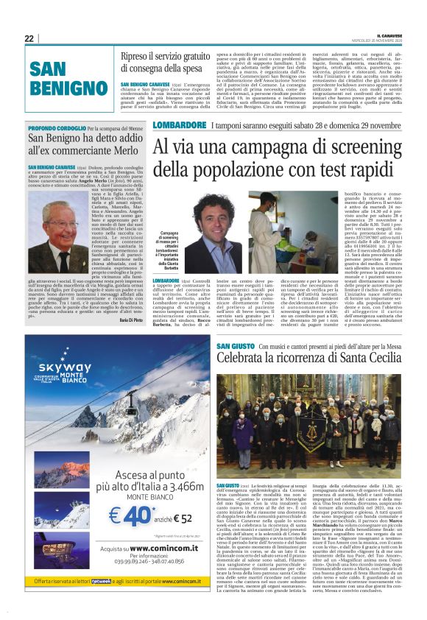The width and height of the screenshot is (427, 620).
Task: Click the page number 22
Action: click(29, 38)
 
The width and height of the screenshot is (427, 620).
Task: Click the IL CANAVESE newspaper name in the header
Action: click(388, 35)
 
